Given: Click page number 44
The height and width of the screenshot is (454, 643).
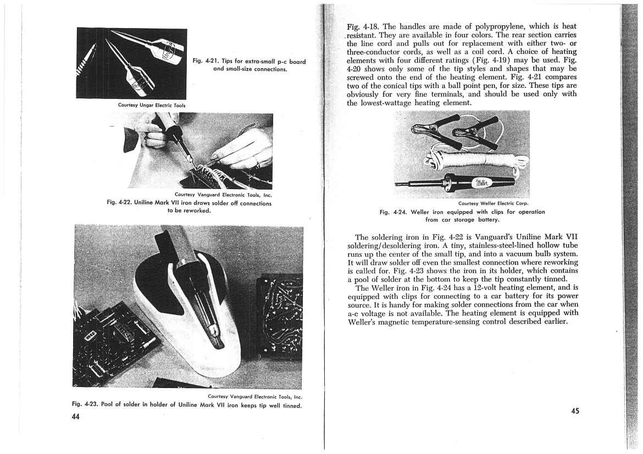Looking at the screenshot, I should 76,416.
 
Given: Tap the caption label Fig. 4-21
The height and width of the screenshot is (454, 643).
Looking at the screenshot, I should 206,61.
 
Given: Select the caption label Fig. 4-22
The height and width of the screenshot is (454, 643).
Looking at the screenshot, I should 119,203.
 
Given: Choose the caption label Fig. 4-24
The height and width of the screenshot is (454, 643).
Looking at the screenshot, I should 393,212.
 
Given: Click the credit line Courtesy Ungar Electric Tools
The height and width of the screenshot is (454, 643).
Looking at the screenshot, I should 152,105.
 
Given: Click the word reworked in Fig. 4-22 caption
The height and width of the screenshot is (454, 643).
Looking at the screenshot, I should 197,211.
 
